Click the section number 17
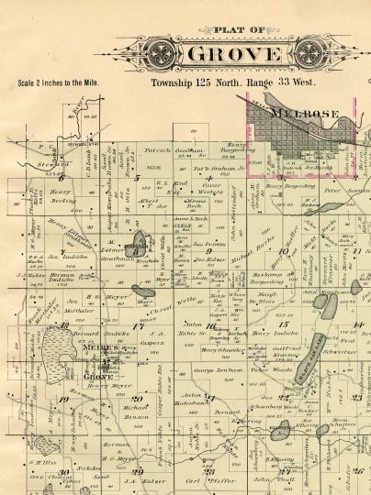tap(138, 325)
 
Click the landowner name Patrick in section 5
tap(157, 149)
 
